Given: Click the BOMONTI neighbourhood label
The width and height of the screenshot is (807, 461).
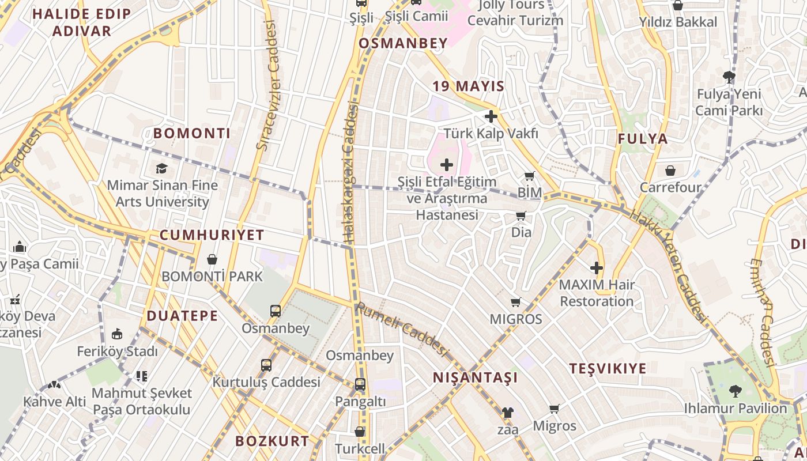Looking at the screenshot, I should (191, 134).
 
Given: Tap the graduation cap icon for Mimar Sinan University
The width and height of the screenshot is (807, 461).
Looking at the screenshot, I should (162, 168).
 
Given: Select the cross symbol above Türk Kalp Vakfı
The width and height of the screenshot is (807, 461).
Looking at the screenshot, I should (491, 117).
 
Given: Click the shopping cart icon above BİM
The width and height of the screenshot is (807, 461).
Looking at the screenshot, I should (530, 176).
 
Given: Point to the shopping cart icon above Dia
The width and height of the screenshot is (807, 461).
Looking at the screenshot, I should (521, 216).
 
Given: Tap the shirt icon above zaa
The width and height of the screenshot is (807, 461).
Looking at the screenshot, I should (507, 413).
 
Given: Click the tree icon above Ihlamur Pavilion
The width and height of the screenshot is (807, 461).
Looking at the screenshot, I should (735, 391).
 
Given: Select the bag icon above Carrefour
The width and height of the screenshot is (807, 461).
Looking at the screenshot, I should (670, 171).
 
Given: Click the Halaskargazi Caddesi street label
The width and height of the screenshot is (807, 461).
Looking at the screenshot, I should (350, 173).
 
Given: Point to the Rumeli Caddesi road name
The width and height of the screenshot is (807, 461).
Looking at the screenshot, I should (402, 331).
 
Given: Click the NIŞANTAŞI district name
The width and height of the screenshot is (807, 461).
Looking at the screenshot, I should (475, 378).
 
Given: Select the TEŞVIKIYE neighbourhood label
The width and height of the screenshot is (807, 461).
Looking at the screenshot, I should (608, 369).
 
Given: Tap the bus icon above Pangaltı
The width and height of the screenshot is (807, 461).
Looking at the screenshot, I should (360, 384).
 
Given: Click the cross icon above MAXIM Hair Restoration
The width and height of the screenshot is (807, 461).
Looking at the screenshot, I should (597, 268).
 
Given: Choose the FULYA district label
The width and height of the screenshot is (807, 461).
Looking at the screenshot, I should (643, 139).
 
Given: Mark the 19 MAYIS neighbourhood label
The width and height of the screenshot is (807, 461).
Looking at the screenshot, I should (468, 86).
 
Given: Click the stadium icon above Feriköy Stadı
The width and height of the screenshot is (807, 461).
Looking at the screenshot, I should (117, 334).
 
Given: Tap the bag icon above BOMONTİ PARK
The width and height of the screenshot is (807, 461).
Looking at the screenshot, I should (212, 259).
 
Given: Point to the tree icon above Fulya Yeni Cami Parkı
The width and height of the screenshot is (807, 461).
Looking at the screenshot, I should (729, 77).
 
